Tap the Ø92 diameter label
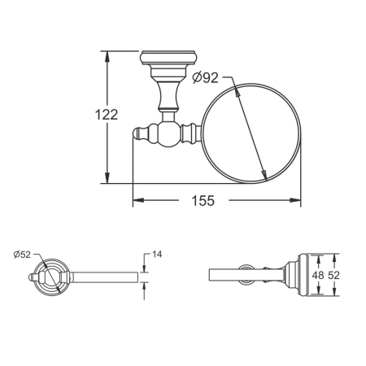(x=207, y=78)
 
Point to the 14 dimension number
(x=157, y=255)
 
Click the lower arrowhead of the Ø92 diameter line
(x=265, y=176)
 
